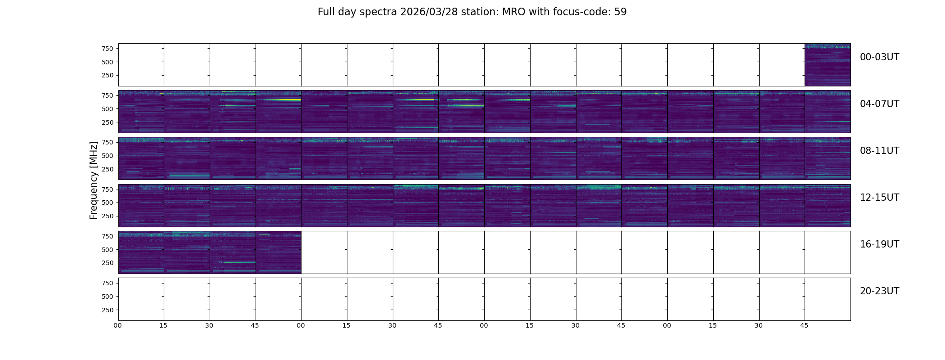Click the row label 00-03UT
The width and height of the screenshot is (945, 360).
[879, 57]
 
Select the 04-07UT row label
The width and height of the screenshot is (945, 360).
[879, 104]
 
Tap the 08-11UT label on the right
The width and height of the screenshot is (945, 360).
[879, 151]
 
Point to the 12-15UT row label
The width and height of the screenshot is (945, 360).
[879, 198]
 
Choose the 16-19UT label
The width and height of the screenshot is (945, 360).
[879, 244]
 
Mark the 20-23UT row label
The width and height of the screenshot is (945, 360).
[879, 291]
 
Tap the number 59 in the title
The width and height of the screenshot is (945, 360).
[621, 12]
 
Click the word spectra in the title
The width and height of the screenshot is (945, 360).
[378, 13]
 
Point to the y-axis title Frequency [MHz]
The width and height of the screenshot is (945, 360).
[94, 180]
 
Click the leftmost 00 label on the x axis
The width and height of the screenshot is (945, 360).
[117, 325]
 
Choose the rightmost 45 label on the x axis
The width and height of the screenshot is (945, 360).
[804, 325]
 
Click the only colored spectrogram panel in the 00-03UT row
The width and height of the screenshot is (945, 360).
[828, 65]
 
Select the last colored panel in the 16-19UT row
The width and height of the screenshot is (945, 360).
[279, 252]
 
